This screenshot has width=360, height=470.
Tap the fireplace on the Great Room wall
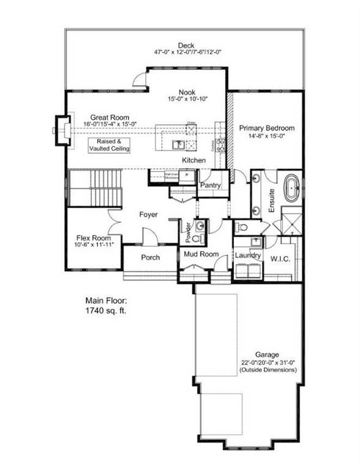[61, 129]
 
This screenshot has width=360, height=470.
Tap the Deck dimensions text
[186, 53]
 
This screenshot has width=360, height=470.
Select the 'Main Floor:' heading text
[107, 301]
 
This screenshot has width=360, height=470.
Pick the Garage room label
[268, 354]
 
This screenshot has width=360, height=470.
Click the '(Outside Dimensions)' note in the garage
[268, 370]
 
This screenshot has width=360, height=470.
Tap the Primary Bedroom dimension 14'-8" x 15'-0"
[267, 138]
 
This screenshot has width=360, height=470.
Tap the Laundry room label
[250, 255]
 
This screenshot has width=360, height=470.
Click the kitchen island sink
[179, 145]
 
